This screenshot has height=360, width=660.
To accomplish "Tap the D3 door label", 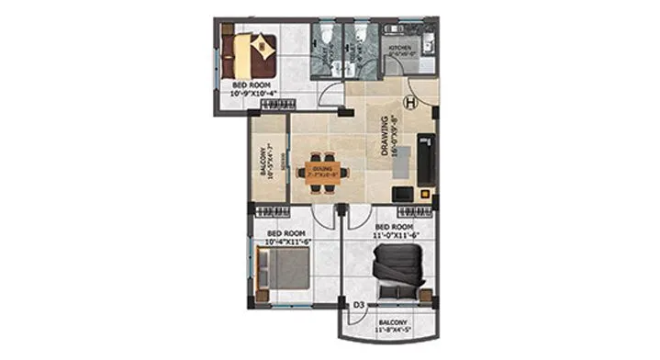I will (360, 304).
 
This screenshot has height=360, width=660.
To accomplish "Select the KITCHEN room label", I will (403, 45).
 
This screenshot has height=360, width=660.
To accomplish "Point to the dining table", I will (320, 171).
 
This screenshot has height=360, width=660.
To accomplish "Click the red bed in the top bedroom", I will (253, 50).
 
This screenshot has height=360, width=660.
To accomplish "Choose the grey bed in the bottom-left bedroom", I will (285, 271).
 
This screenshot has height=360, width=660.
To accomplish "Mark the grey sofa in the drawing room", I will (428, 156).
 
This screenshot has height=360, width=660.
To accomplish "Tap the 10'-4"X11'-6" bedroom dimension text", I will (285, 242).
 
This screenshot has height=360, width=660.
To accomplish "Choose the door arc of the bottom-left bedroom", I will (322, 217).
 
